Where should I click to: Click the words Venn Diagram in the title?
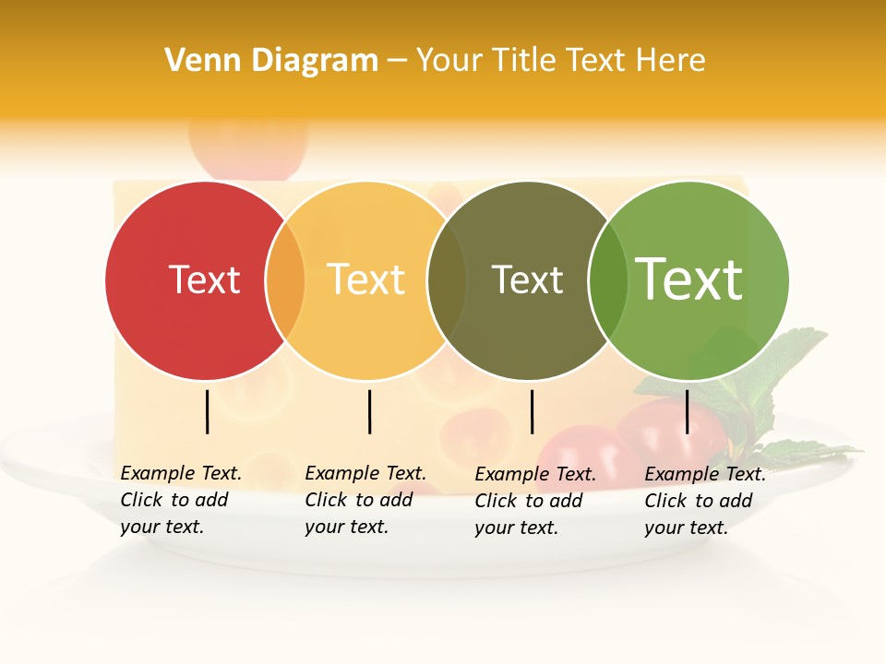271,61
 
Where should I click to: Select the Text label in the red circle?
204,279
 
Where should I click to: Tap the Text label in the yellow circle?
366,279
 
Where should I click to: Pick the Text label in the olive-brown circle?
527,279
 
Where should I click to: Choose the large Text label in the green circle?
689,279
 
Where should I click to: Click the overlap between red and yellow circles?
285,280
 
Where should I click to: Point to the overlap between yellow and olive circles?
447,280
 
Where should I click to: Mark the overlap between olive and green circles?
607,280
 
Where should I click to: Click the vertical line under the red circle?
208,411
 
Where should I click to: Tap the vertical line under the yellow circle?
369,411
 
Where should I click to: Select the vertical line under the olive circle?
532,411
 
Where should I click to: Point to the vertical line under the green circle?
688,411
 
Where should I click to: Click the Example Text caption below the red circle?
181,500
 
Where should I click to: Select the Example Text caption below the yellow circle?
365,500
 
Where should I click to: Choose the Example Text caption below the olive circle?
535,501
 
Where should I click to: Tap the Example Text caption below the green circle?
705,501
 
